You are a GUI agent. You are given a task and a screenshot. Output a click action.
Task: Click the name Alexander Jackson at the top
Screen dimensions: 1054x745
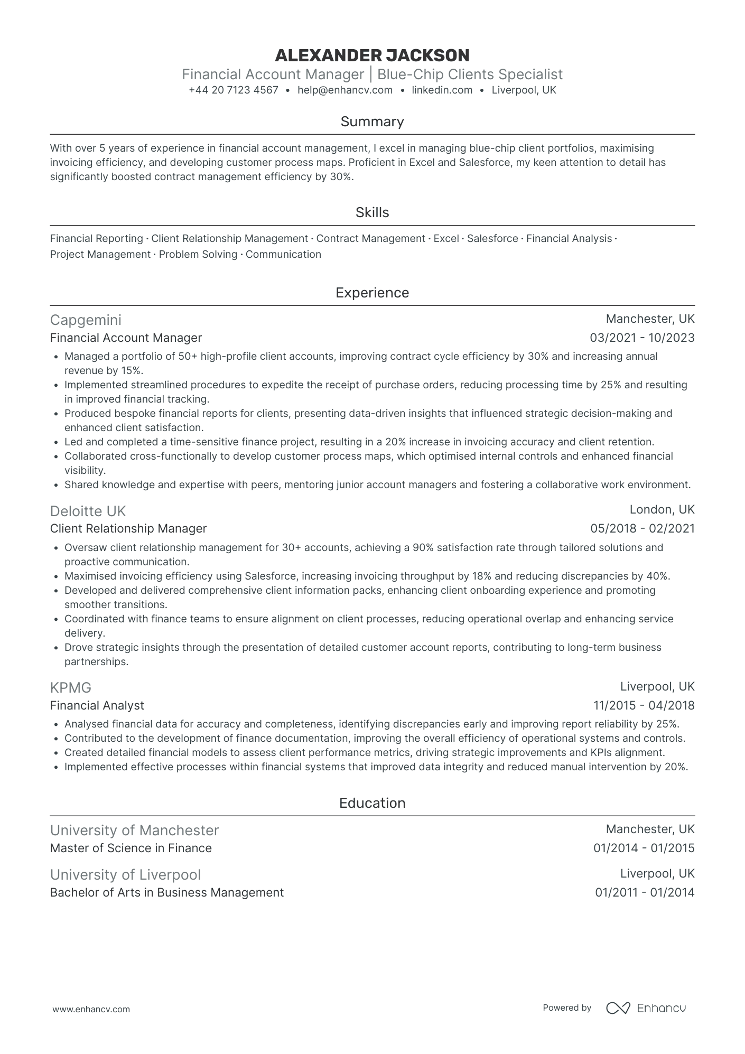click(x=372, y=55)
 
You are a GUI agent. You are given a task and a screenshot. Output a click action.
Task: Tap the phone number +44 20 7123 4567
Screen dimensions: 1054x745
click(x=234, y=90)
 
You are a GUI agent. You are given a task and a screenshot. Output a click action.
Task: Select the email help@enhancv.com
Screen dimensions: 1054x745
click(x=345, y=90)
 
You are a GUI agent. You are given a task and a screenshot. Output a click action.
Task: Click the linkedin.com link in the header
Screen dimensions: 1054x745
click(x=442, y=90)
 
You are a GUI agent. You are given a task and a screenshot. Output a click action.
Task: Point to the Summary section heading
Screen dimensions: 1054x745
click(x=372, y=122)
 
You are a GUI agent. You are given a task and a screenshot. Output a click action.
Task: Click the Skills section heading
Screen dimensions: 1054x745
click(x=372, y=212)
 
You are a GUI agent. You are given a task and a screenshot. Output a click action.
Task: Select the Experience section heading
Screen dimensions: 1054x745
click(x=372, y=293)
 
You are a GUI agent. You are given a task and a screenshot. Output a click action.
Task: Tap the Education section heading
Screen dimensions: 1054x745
click(x=372, y=803)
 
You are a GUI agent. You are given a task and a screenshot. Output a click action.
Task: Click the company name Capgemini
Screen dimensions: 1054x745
click(x=86, y=320)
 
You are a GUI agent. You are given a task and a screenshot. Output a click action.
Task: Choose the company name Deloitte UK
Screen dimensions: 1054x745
click(x=88, y=511)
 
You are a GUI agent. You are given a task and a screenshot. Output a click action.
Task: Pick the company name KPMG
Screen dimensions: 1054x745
click(x=71, y=687)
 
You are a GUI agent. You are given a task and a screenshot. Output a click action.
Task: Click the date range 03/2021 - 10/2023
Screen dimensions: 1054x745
click(x=642, y=338)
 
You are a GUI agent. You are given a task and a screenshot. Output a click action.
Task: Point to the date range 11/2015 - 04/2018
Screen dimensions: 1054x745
click(x=644, y=705)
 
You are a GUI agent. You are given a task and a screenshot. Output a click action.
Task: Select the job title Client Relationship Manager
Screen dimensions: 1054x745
click(x=128, y=528)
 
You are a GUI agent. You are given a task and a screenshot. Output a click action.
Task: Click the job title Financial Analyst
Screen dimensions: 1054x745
click(x=97, y=705)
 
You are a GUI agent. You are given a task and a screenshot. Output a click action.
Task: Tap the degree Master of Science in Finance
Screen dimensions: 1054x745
click(x=131, y=848)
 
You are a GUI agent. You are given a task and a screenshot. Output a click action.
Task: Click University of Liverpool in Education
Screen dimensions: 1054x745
click(x=125, y=875)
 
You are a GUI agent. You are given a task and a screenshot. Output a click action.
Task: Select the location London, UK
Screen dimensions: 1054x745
click(x=662, y=510)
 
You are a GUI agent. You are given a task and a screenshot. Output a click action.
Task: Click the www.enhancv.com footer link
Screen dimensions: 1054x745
click(x=91, y=1009)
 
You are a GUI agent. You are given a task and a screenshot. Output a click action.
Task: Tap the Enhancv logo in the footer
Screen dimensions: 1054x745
click(x=646, y=1008)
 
